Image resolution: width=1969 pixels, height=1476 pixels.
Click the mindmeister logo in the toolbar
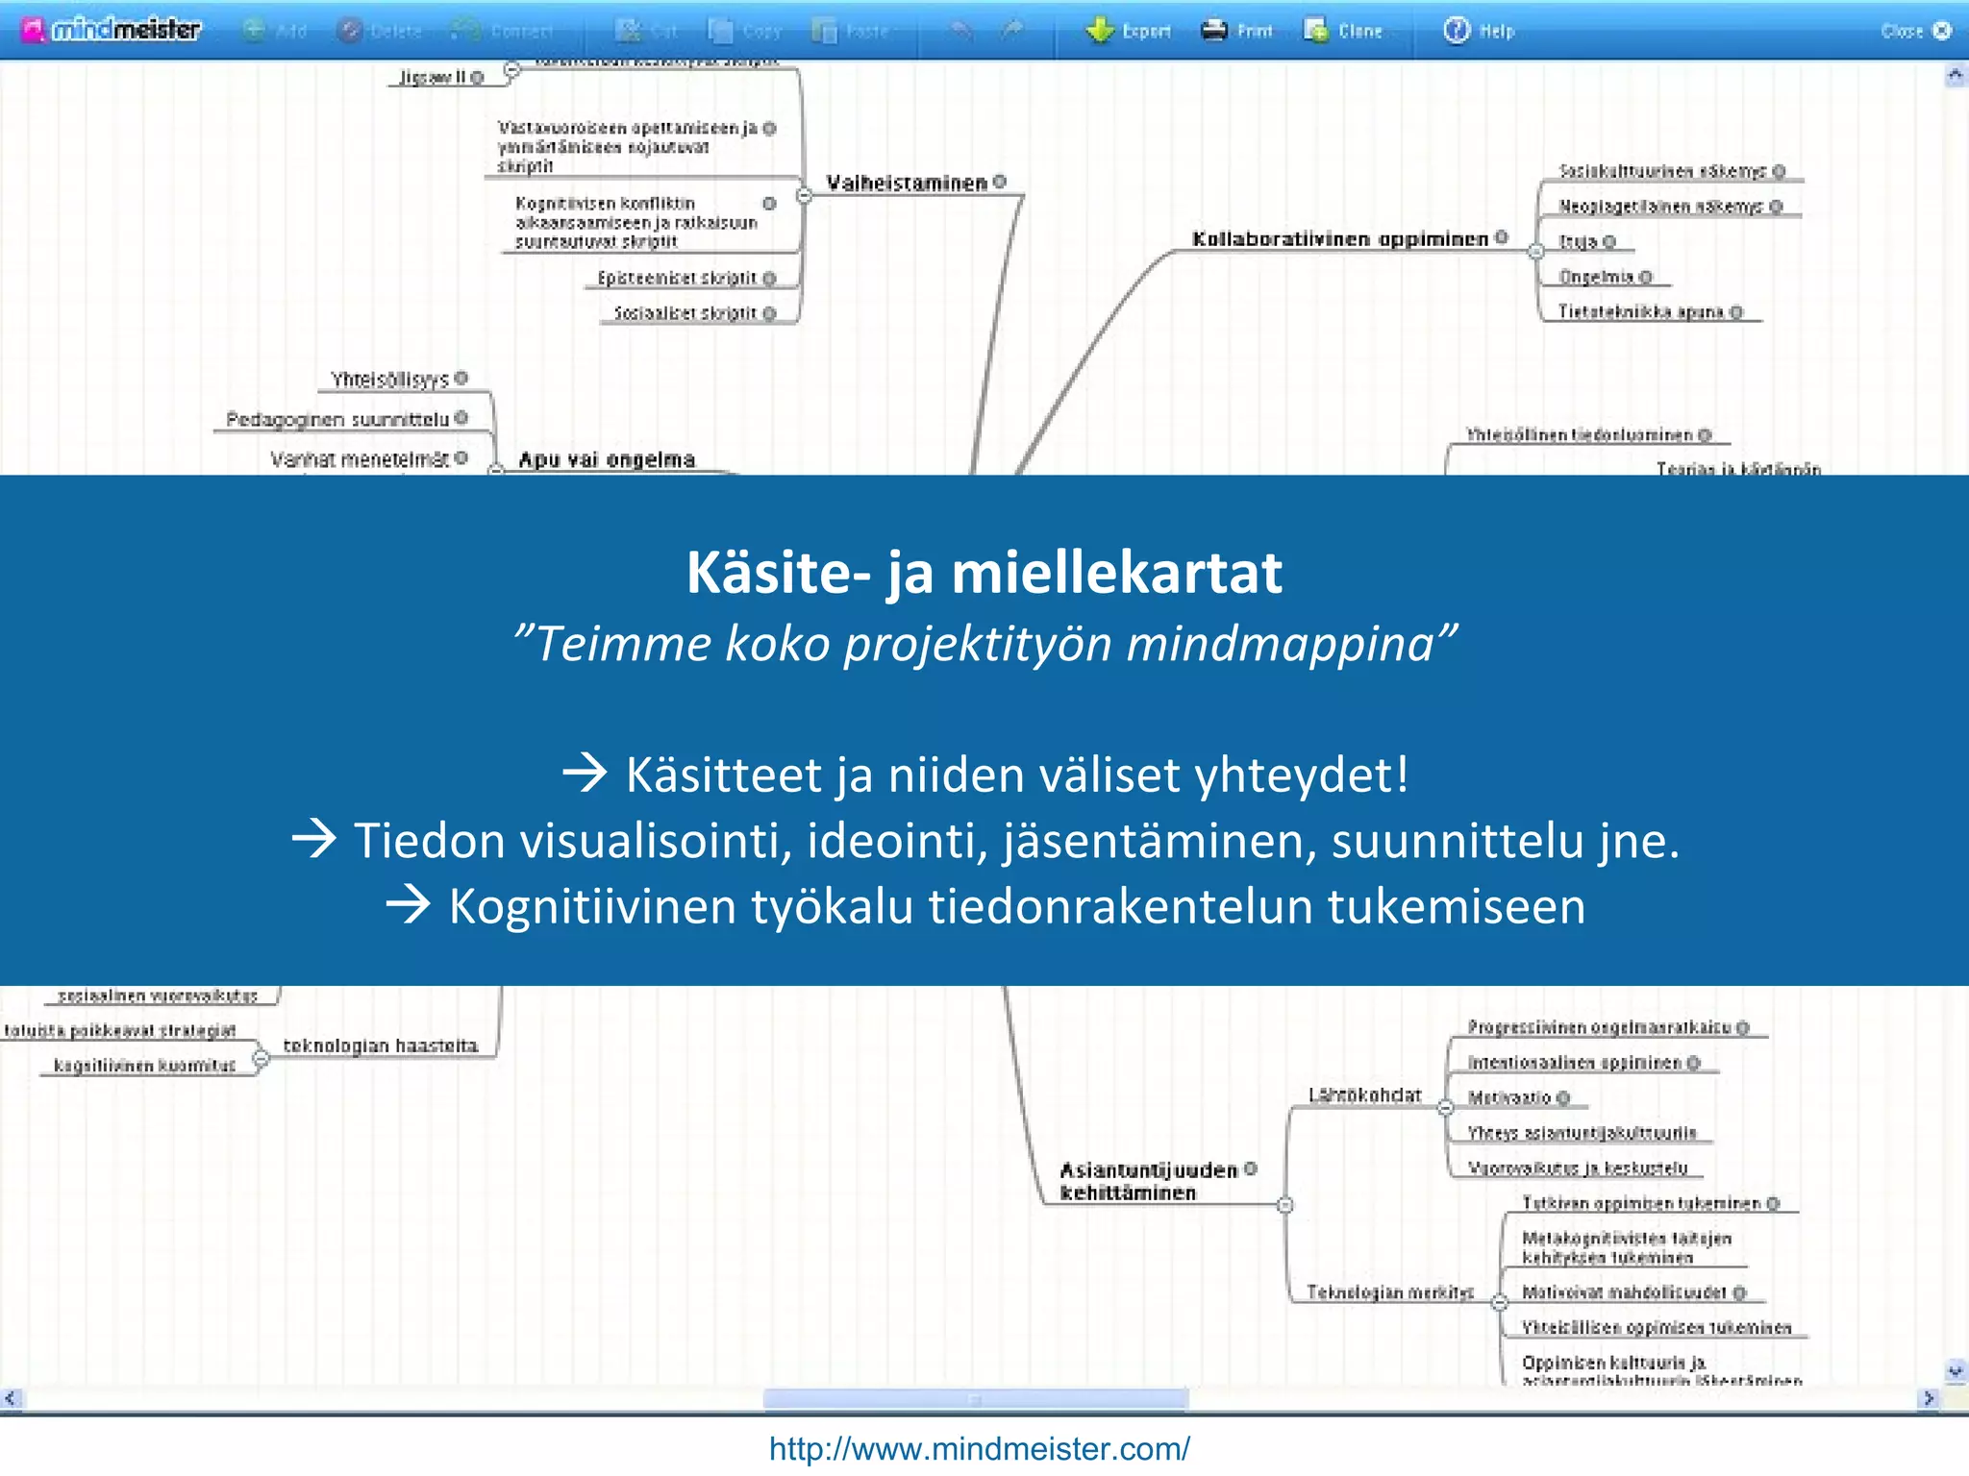point(113,30)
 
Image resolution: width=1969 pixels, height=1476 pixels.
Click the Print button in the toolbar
point(1237,31)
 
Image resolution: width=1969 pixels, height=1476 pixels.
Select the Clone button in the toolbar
point(1343,31)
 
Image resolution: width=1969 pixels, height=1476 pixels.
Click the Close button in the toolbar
point(1914,31)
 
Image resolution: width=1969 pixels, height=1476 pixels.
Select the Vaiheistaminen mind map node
point(907,183)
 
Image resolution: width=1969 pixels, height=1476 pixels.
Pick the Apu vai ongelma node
point(607,459)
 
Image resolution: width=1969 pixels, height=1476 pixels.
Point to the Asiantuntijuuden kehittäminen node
point(1147,1181)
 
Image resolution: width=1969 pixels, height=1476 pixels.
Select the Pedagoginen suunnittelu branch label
point(337,419)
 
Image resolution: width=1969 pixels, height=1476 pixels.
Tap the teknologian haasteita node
point(380,1045)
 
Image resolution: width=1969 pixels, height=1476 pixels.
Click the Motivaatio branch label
point(1508,1097)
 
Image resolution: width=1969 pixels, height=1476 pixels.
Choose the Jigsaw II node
point(433,77)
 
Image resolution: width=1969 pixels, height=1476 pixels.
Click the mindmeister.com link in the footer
point(979,1448)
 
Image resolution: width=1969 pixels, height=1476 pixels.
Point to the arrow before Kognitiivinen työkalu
point(409,905)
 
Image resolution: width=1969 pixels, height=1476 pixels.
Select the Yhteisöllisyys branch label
point(389,379)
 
